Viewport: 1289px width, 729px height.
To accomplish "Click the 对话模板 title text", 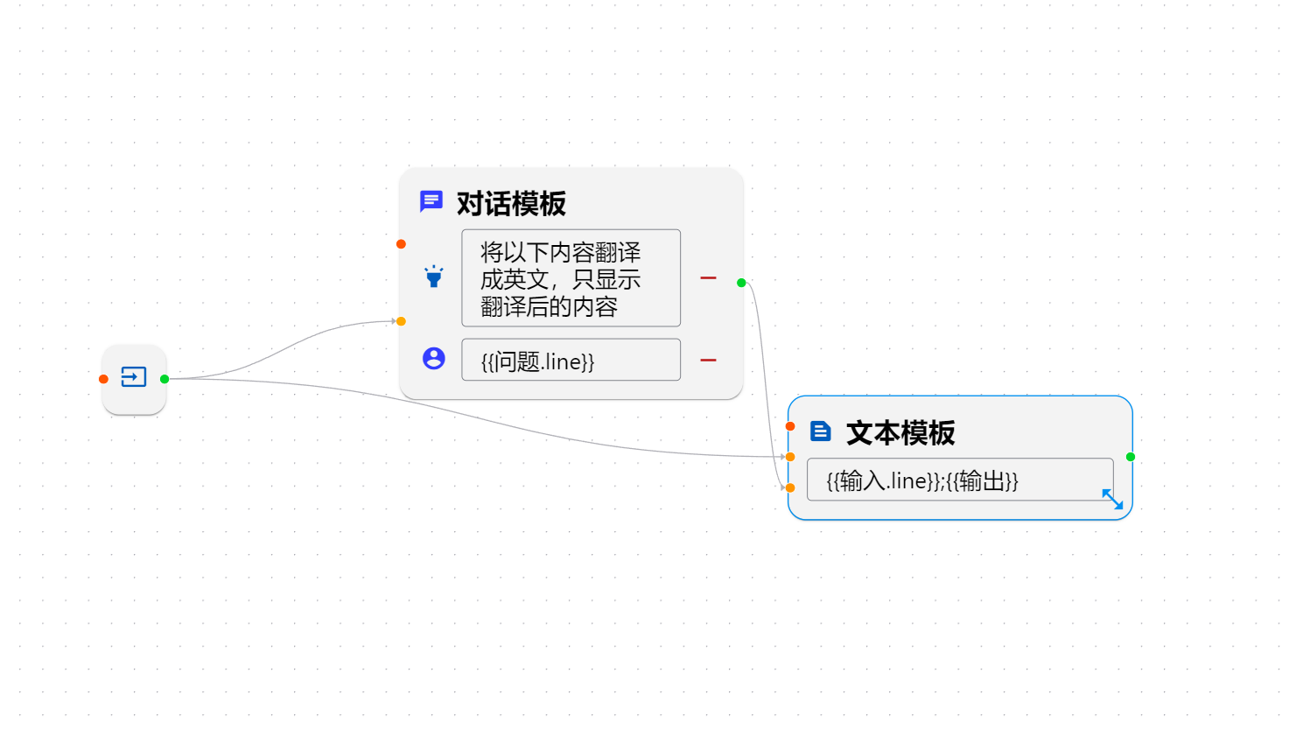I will pos(511,204).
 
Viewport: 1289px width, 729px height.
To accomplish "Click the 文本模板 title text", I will pos(900,433).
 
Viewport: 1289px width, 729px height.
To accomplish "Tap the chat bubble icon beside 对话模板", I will pos(431,202).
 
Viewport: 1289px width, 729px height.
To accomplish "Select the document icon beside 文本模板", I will pos(820,431).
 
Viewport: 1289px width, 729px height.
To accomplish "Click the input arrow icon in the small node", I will pos(134,377).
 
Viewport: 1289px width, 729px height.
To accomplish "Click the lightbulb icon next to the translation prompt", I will pos(434,277).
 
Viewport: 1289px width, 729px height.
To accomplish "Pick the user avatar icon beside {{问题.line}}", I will pos(434,358).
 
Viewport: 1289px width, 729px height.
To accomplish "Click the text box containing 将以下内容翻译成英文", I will pos(571,278).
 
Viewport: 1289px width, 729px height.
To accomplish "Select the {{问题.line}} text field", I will pos(571,360).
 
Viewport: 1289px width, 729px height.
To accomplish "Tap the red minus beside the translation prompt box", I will pos(708,278).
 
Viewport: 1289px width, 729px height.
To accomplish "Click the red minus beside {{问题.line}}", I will pos(708,360).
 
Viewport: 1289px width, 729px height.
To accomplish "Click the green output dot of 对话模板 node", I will pos(741,283).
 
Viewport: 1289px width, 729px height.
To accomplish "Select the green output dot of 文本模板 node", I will pos(1131,457).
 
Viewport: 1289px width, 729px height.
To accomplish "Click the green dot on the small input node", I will pos(165,379).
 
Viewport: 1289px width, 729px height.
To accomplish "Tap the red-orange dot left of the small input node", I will pos(103,379).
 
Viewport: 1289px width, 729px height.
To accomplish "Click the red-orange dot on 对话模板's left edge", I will pos(401,244).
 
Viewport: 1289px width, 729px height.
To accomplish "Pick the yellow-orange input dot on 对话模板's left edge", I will pos(401,321).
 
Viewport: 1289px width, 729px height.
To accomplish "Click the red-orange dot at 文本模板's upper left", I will pos(790,426).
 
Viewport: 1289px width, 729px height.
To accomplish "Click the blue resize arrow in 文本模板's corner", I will pos(1112,499).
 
